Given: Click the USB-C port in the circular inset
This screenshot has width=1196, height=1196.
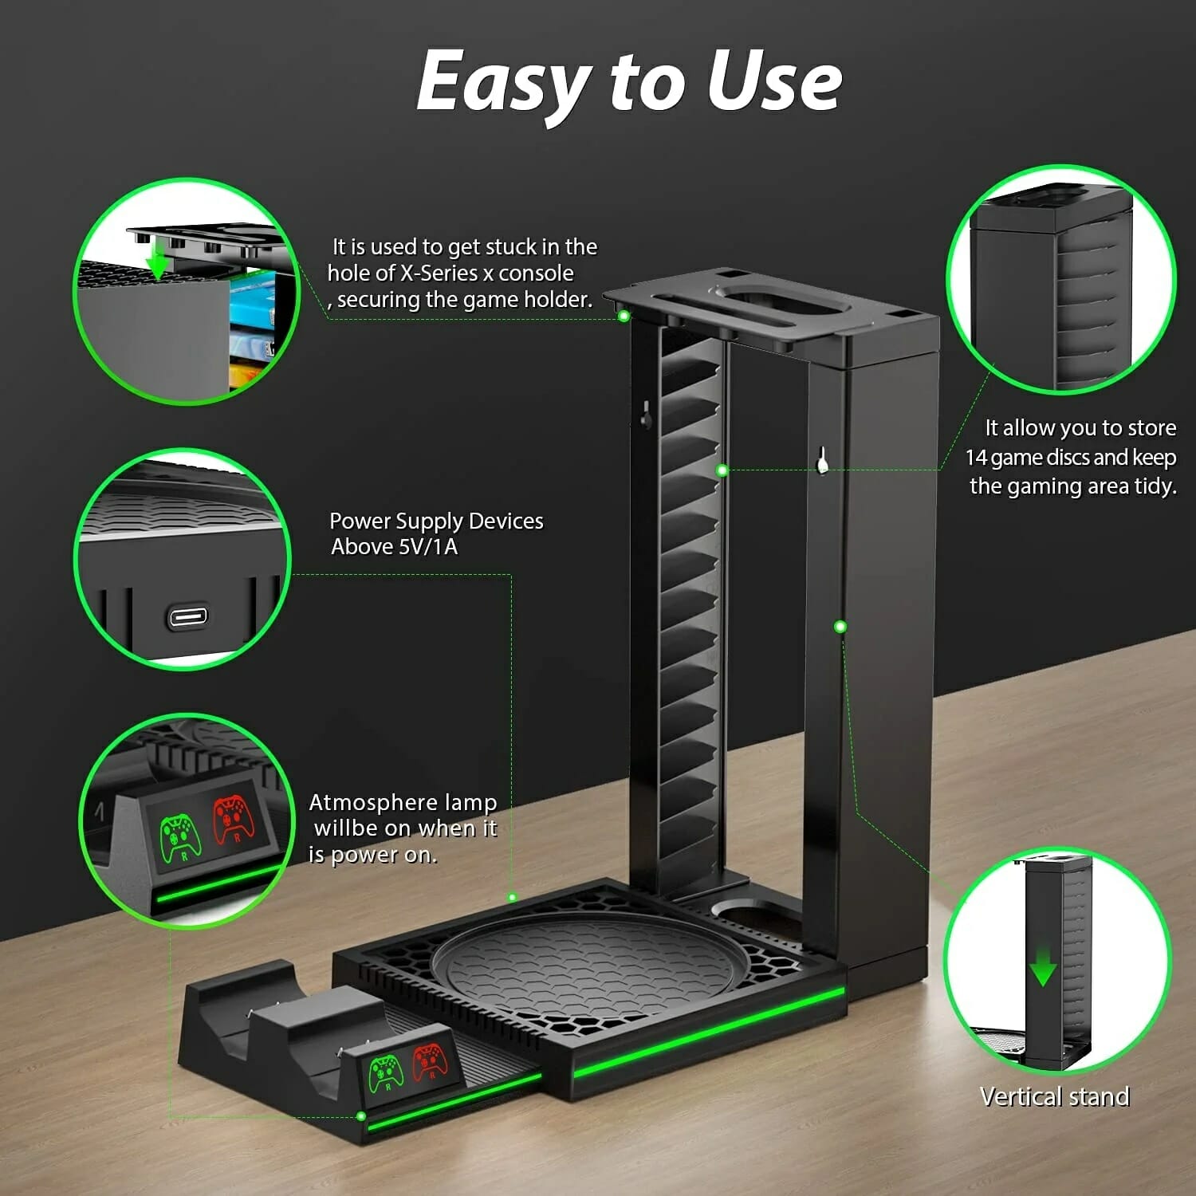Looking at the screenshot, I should tap(187, 616).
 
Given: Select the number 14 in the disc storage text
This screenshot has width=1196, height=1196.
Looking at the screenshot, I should tap(977, 458).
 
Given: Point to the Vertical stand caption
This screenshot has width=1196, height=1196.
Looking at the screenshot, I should tap(1054, 1097).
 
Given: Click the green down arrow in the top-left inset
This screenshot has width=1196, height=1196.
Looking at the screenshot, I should tap(158, 262).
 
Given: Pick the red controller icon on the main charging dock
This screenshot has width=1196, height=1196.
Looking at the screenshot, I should tap(430, 1061).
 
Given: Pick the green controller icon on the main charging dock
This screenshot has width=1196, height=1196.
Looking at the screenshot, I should tap(386, 1072).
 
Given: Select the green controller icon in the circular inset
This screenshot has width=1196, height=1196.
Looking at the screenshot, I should tap(181, 837).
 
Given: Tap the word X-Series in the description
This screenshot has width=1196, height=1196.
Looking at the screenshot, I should tap(439, 273).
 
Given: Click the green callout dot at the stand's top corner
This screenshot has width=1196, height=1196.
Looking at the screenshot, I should tap(624, 317).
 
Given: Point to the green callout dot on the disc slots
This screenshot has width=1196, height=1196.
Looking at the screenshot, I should tap(722, 470).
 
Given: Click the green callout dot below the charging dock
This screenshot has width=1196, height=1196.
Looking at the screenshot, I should tap(361, 1116).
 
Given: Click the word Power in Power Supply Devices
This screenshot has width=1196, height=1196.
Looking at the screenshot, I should tap(360, 521).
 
